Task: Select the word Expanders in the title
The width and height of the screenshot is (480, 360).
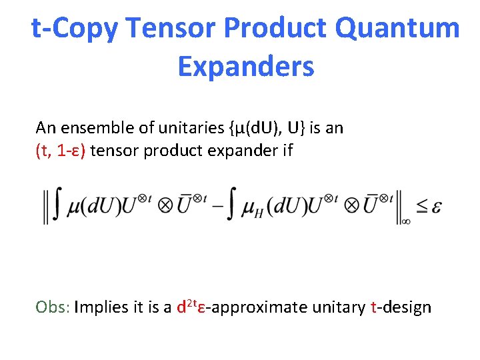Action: [245, 67]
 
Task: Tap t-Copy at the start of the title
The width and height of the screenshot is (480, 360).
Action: [75, 29]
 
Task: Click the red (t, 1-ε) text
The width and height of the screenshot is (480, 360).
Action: [61, 151]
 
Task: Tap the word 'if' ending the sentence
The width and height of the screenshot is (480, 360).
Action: [287, 151]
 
